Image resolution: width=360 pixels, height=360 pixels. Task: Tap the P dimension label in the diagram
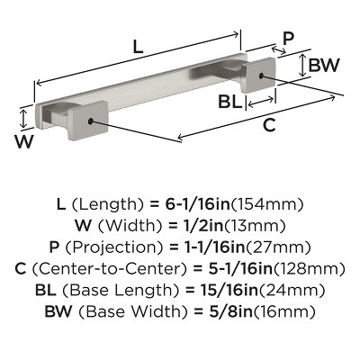pyautogui.click(x=288, y=38)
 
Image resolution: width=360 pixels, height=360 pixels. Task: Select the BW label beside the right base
pyautogui.click(x=322, y=65)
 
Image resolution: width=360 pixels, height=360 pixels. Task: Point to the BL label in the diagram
pyautogui.click(x=230, y=102)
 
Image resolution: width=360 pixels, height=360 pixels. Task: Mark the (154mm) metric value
pyautogui.click(x=270, y=204)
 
